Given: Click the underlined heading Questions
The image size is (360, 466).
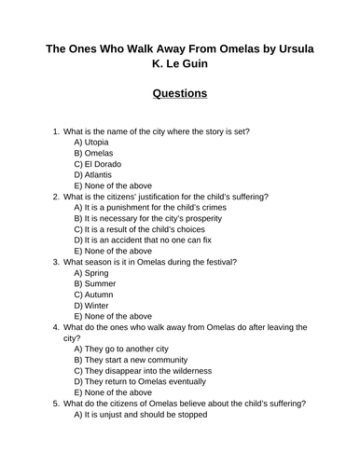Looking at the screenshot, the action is coord(179,93).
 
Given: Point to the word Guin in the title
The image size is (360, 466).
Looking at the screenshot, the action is coord(195,65).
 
